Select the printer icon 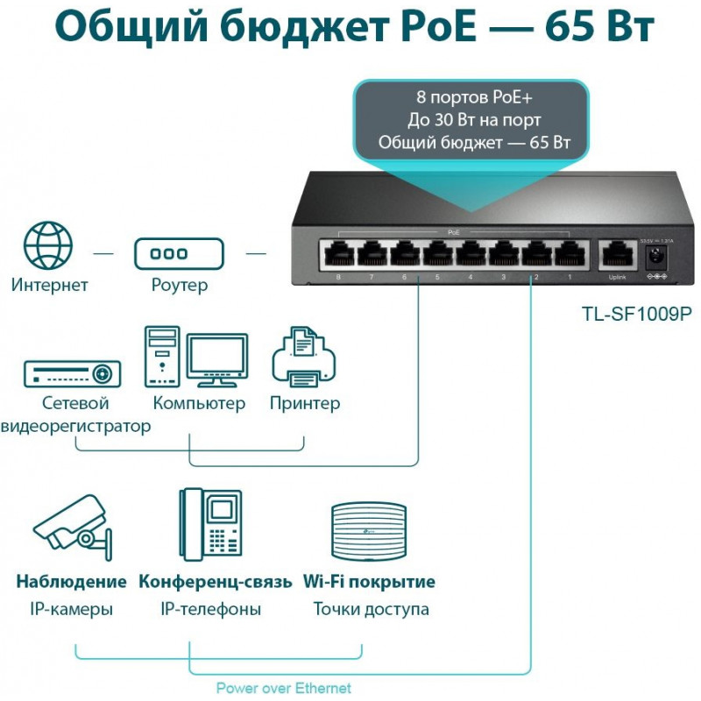click(x=305, y=359)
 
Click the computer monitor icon click(x=216, y=358)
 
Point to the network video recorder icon click(x=72, y=373)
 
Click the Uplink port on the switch click(x=618, y=255)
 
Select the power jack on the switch click(x=654, y=257)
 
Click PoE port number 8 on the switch click(x=337, y=255)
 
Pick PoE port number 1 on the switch click(x=569, y=255)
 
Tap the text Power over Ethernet click(x=283, y=688)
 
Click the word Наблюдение click(x=71, y=582)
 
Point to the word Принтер click(x=304, y=404)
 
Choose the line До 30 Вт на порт click(x=473, y=120)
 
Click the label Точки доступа click(x=371, y=609)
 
